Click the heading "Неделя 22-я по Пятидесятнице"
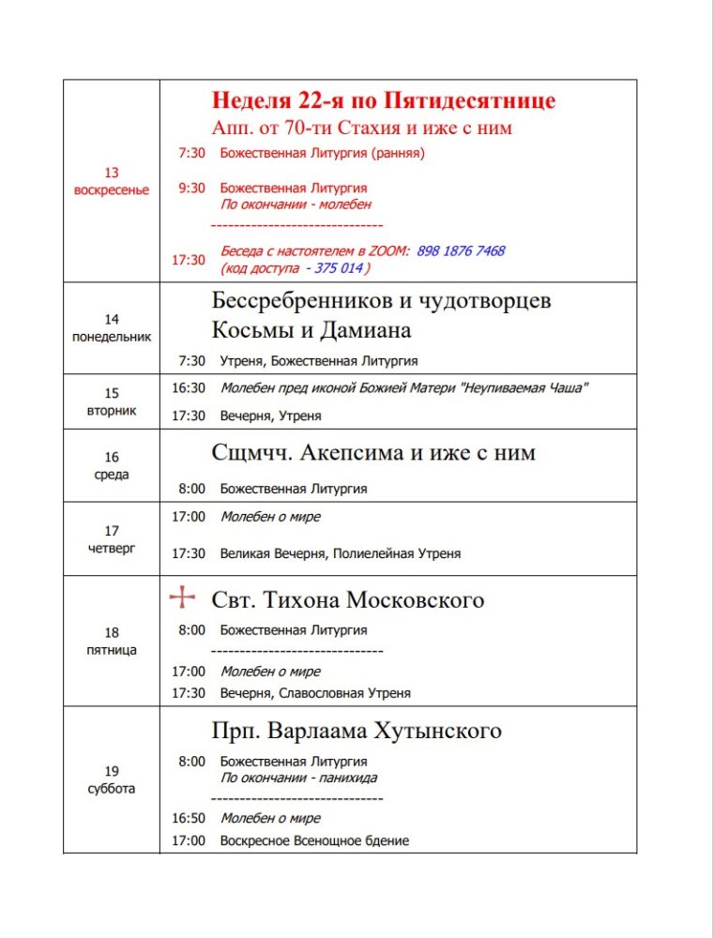(x=383, y=100)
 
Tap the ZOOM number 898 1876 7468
(x=461, y=251)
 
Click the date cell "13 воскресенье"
(x=112, y=181)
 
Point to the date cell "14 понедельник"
(x=112, y=327)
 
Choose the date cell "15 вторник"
(x=112, y=401)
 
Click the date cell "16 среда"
(x=112, y=465)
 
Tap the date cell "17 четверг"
(x=112, y=538)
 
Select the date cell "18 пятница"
(x=112, y=641)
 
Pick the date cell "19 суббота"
(x=112, y=779)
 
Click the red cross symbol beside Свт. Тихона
(x=182, y=598)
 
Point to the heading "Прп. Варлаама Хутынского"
(x=356, y=731)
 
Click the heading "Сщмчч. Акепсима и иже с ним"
(x=373, y=453)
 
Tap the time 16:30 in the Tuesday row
(x=188, y=387)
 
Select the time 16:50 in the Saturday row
(x=188, y=819)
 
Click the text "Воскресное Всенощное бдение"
(x=314, y=841)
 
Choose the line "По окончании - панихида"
(x=298, y=778)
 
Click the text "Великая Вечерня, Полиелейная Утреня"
(x=341, y=553)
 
